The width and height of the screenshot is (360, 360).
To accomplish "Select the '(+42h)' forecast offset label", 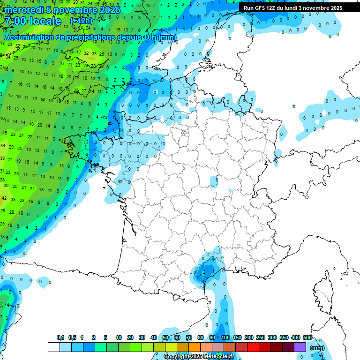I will point(81,21).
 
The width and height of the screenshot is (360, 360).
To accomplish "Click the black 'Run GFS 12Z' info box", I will point(293,8).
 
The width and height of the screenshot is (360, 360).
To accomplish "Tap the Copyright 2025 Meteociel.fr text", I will point(199,357).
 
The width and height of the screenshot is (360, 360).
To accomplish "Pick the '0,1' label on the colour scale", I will point(60,337).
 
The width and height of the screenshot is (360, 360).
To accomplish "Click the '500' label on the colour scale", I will point(307,337).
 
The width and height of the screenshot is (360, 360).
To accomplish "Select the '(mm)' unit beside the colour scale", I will point(317,348).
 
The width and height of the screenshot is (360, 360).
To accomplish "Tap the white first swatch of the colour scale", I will point(54,347).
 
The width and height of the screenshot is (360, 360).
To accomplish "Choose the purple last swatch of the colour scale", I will point(300,347).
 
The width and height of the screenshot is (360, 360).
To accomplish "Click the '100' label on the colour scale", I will point(225,337).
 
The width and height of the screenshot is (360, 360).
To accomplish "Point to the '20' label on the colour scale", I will point(130,337).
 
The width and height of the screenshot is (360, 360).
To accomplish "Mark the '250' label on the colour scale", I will point(261,337).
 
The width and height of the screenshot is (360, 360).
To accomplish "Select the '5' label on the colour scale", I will point(106,337).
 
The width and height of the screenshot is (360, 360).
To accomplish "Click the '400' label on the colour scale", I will point(296,337).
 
